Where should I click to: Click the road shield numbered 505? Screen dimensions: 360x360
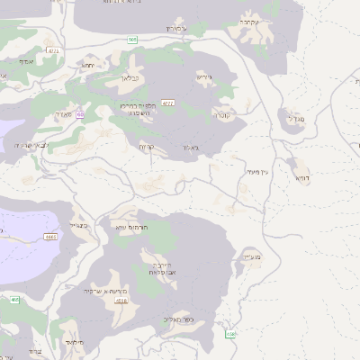pyautogui.click(x=133, y=40)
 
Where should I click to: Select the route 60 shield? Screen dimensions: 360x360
pyautogui.click(x=80, y=114)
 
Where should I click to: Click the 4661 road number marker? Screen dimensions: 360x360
pyautogui.click(x=50, y=237)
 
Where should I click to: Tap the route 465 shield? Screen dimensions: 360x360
pyautogui.click(x=14, y=300)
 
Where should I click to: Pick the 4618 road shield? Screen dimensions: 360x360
pyautogui.click(x=121, y=301)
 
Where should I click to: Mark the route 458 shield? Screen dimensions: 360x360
pyautogui.click(x=230, y=334)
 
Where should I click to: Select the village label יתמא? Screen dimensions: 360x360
pyautogui.click(x=88, y=65)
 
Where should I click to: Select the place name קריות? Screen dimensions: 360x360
pyautogui.click(x=148, y=146)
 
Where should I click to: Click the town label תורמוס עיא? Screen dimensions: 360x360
pyautogui.click(x=132, y=228)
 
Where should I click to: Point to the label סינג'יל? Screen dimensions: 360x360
pyautogui.click(x=78, y=225)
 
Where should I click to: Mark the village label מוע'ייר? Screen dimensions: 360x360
pyautogui.click(x=251, y=256)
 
